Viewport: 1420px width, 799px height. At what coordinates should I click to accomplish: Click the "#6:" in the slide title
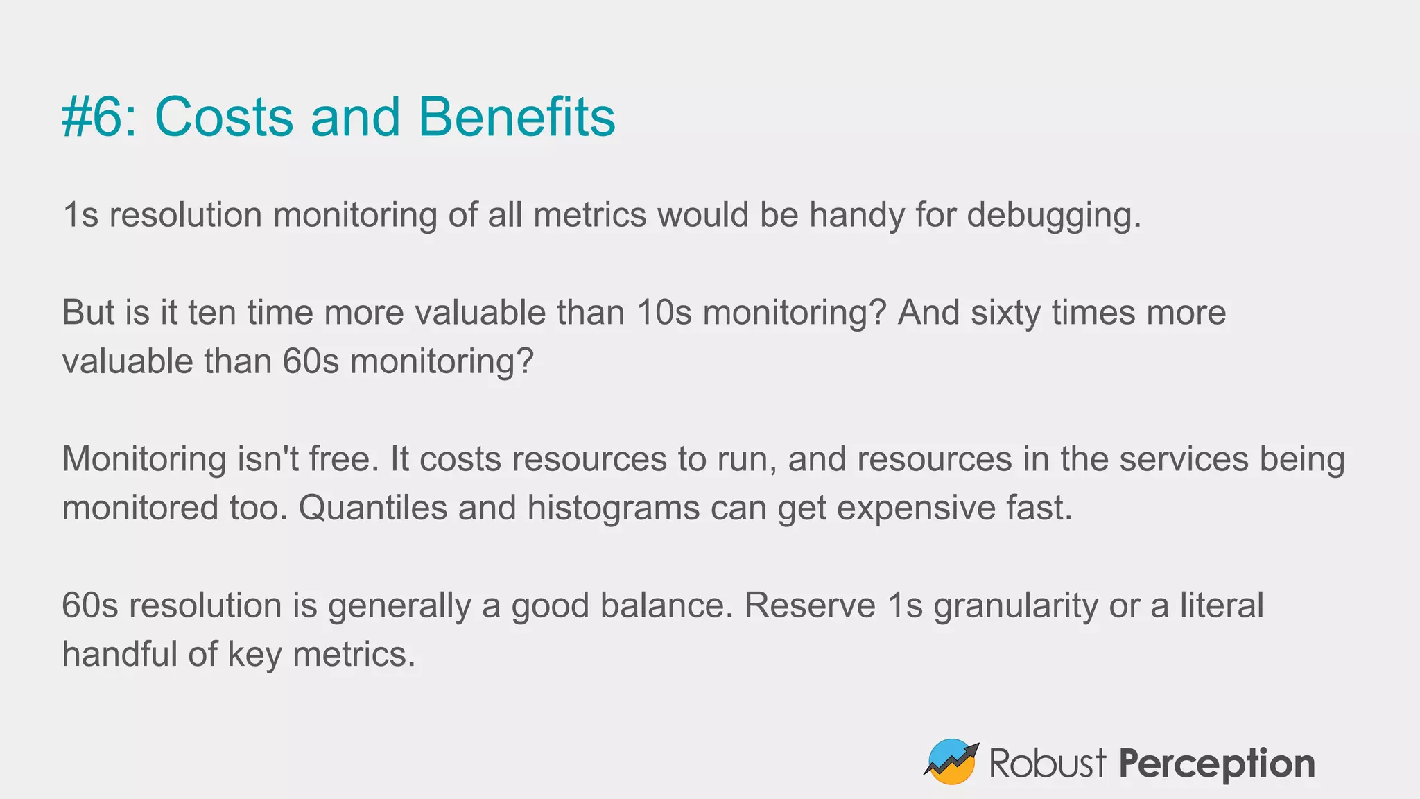tap(99, 117)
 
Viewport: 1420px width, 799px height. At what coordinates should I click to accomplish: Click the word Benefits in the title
tap(517, 117)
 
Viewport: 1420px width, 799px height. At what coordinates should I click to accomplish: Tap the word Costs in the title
tap(224, 117)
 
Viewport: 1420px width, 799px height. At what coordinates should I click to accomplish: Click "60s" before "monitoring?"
tap(311, 361)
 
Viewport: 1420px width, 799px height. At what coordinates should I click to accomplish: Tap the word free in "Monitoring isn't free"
tap(344, 459)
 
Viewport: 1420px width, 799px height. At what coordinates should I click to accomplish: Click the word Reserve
tap(810, 605)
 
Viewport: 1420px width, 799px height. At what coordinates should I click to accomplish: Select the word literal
tap(1222, 605)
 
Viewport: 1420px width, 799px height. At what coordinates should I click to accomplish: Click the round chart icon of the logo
tap(951, 762)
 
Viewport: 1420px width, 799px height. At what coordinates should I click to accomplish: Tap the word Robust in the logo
tap(1047, 763)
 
